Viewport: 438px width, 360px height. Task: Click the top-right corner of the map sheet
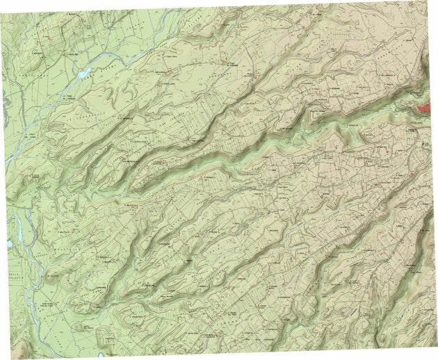tap(425, 8)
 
